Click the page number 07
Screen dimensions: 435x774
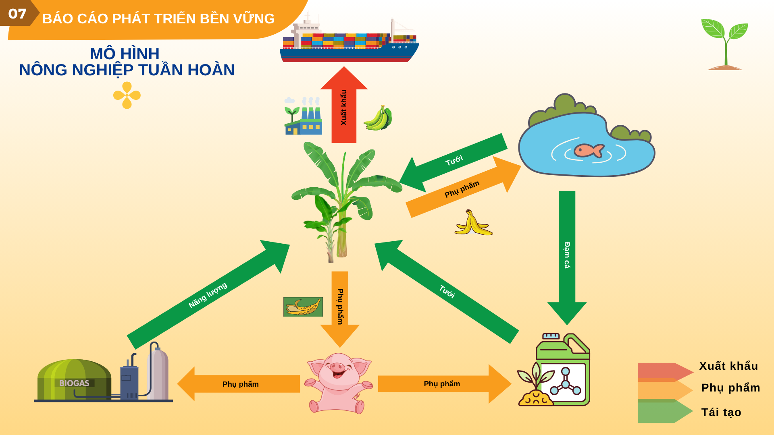(x=17, y=14)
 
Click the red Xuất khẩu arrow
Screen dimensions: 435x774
(x=344, y=107)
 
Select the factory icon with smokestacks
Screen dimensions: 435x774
(x=303, y=117)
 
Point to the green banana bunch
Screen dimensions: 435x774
(x=378, y=118)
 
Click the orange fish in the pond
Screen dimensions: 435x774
(x=589, y=150)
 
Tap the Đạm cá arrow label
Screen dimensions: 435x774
(x=567, y=255)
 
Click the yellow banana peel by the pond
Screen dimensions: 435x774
(x=473, y=224)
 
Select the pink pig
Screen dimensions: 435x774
(x=339, y=383)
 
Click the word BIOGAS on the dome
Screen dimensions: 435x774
(x=74, y=383)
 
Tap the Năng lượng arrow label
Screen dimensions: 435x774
(x=208, y=295)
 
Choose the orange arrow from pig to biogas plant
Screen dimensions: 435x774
(x=239, y=384)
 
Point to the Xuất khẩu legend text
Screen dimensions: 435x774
(x=728, y=366)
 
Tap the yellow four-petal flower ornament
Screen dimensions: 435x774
(x=127, y=95)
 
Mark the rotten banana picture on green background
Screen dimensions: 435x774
(x=303, y=307)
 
